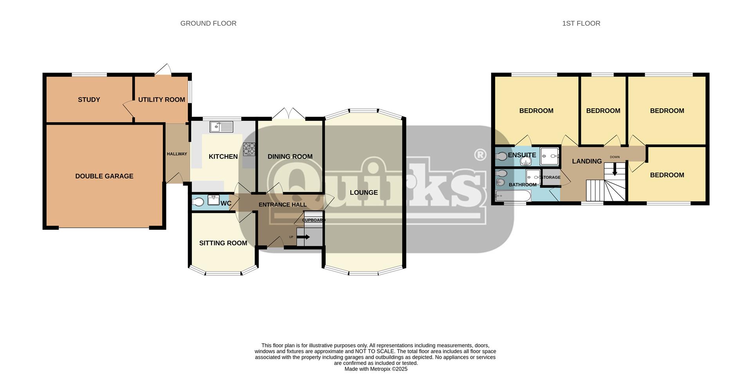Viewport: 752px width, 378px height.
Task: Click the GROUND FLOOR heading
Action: tap(208, 24)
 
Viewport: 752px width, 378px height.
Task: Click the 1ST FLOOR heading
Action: tap(581, 24)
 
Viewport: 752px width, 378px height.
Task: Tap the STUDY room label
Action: tap(89, 100)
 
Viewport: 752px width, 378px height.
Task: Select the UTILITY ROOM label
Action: tap(161, 100)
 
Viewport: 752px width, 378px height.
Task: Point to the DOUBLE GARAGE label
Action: tap(104, 176)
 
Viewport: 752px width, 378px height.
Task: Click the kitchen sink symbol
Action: tap(221, 127)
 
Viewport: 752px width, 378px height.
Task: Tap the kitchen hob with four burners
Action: tap(249, 149)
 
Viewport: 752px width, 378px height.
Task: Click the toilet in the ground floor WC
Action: tap(198, 202)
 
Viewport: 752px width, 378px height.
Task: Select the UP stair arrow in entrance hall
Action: tap(304, 237)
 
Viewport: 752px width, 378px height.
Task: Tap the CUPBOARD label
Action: tap(313, 220)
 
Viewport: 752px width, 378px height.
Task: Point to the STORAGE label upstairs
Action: tap(551, 178)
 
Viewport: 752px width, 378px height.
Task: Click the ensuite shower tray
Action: tap(550, 156)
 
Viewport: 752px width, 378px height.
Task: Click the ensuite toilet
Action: tap(501, 156)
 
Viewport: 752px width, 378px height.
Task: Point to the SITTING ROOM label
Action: tap(223, 243)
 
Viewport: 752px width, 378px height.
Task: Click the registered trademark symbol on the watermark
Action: tap(480, 155)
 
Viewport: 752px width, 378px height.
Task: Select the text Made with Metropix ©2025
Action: tap(376, 369)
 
